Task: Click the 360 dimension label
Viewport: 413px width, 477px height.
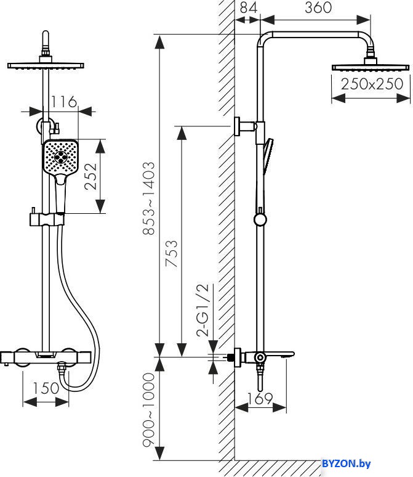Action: click(x=318, y=7)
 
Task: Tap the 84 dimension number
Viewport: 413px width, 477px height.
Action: click(x=248, y=7)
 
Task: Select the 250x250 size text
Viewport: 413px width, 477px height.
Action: click(x=372, y=84)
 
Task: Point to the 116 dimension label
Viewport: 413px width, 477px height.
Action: click(x=63, y=102)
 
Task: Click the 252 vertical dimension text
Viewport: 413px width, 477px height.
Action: click(x=91, y=176)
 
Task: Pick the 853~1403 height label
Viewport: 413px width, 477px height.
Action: click(x=149, y=198)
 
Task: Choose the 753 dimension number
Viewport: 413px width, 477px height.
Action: click(x=172, y=253)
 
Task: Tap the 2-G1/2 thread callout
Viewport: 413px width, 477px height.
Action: click(x=202, y=310)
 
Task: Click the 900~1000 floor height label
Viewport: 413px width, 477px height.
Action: click(x=149, y=410)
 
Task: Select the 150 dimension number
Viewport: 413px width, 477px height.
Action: click(x=46, y=388)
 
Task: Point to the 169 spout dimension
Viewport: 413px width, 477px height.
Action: click(x=260, y=399)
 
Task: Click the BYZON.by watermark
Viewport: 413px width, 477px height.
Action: click(x=346, y=463)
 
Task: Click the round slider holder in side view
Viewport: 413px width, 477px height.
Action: click(x=260, y=219)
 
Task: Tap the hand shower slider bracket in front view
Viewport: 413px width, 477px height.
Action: click(x=47, y=219)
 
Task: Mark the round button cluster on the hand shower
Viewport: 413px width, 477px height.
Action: click(x=60, y=157)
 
